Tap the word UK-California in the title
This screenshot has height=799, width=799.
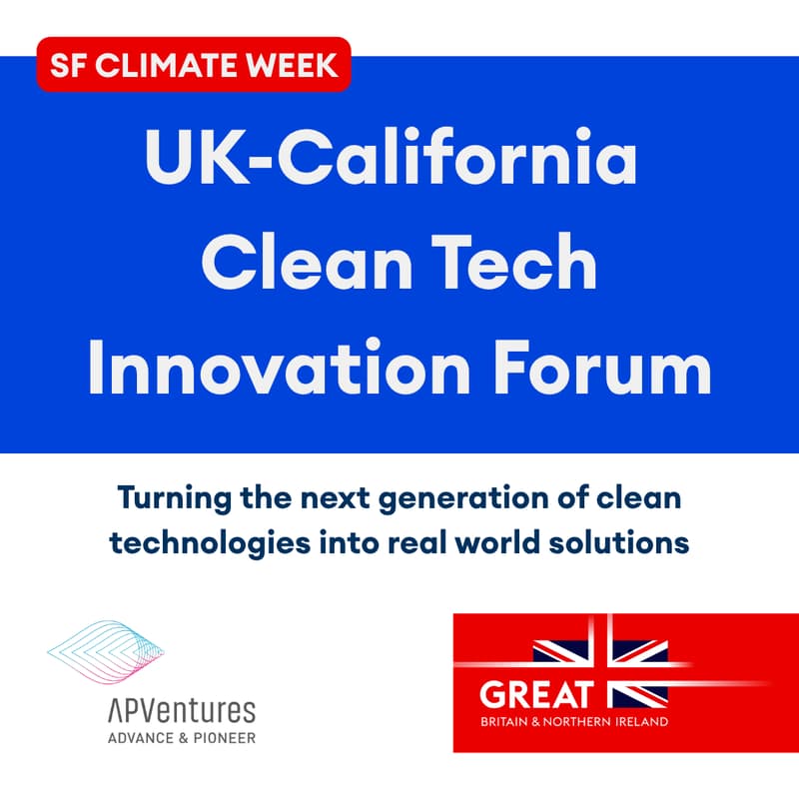(x=391, y=161)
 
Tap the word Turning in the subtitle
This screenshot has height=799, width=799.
(x=173, y=496)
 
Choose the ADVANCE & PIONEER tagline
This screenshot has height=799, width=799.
(x=180, y=738)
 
